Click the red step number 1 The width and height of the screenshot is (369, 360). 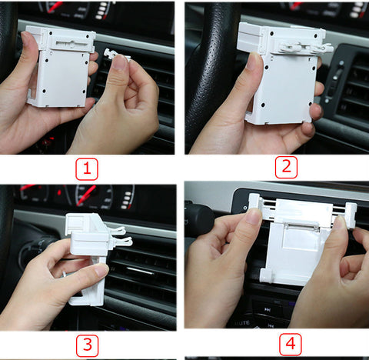click(87, 169)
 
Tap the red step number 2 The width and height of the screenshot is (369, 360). click(286, 167)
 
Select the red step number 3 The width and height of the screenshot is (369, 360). click(88, 345)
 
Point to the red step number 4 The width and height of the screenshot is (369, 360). click(290, 344)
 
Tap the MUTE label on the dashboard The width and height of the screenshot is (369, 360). click(242, 323)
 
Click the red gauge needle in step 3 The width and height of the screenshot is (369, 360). click(87, 195)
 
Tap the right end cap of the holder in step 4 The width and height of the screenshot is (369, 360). click(351, 215)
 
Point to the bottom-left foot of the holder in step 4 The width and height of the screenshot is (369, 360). click(265, 275)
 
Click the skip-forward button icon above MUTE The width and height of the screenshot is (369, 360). click(268, 310)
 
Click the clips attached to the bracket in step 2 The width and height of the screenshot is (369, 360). click(306, 48)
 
